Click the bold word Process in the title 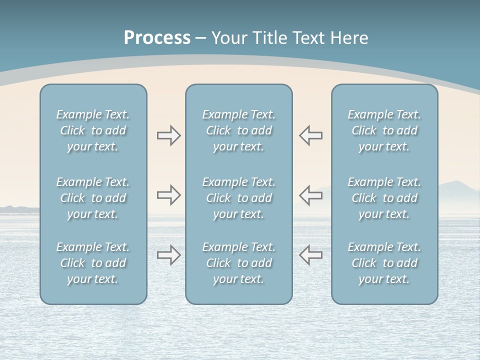(x=157, y=38)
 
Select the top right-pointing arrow (x=168, y=135)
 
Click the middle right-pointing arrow (x=168, y=195)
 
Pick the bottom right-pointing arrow (x=168, y=255)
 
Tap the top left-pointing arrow (x=310, y=135)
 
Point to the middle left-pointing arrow (x=310, y=195)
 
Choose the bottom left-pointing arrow (x=310, y=255)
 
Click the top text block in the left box (x=93, y=130)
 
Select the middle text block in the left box (x=93, y=198)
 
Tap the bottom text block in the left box (x=93, y=263)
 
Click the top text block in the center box (x=238, y=130)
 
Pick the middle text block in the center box (x=238, y=198)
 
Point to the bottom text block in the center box (x=238, y=263)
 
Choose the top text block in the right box (x=384, y=130)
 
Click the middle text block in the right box (x=384, y=198)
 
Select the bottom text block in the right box (x=384, y=263)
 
